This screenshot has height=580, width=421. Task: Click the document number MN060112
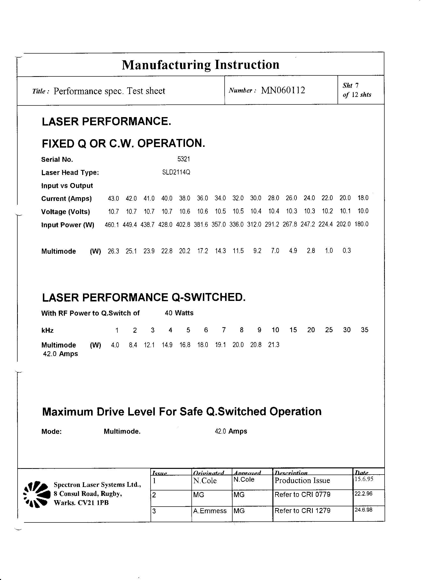click(x=283, y=90)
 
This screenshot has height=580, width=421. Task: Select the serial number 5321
click(x=184, y=159)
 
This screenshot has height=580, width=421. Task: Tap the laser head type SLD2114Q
click(x=176, y=172)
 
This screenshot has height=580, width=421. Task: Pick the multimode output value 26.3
click(x=113, y=251)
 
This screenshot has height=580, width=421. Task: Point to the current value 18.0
click(x=363, y=198)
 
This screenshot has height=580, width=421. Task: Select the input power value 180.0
click(x=362, y=224)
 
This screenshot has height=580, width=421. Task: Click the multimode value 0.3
click(x=347, y=251)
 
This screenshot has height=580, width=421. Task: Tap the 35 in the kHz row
click(x=365, y=330)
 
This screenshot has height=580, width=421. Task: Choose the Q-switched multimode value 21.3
click(x=274, y=345)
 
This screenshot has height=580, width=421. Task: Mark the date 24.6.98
click(x=364, y=510)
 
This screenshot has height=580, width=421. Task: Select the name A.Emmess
click(x=210, y=511)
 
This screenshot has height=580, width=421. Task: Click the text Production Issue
click(x=302, y=481)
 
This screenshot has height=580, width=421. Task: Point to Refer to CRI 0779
click(x=302, y=494)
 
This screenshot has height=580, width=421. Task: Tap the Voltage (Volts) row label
click(x=66, y=212)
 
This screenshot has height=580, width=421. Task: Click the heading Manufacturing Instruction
click(x=200, y=65)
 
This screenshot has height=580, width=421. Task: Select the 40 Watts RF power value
click(x=179, y=313)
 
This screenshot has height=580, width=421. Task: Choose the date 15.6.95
click(x=364, y=479)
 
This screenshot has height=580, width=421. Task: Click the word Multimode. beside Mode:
click(x=122, y=431)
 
